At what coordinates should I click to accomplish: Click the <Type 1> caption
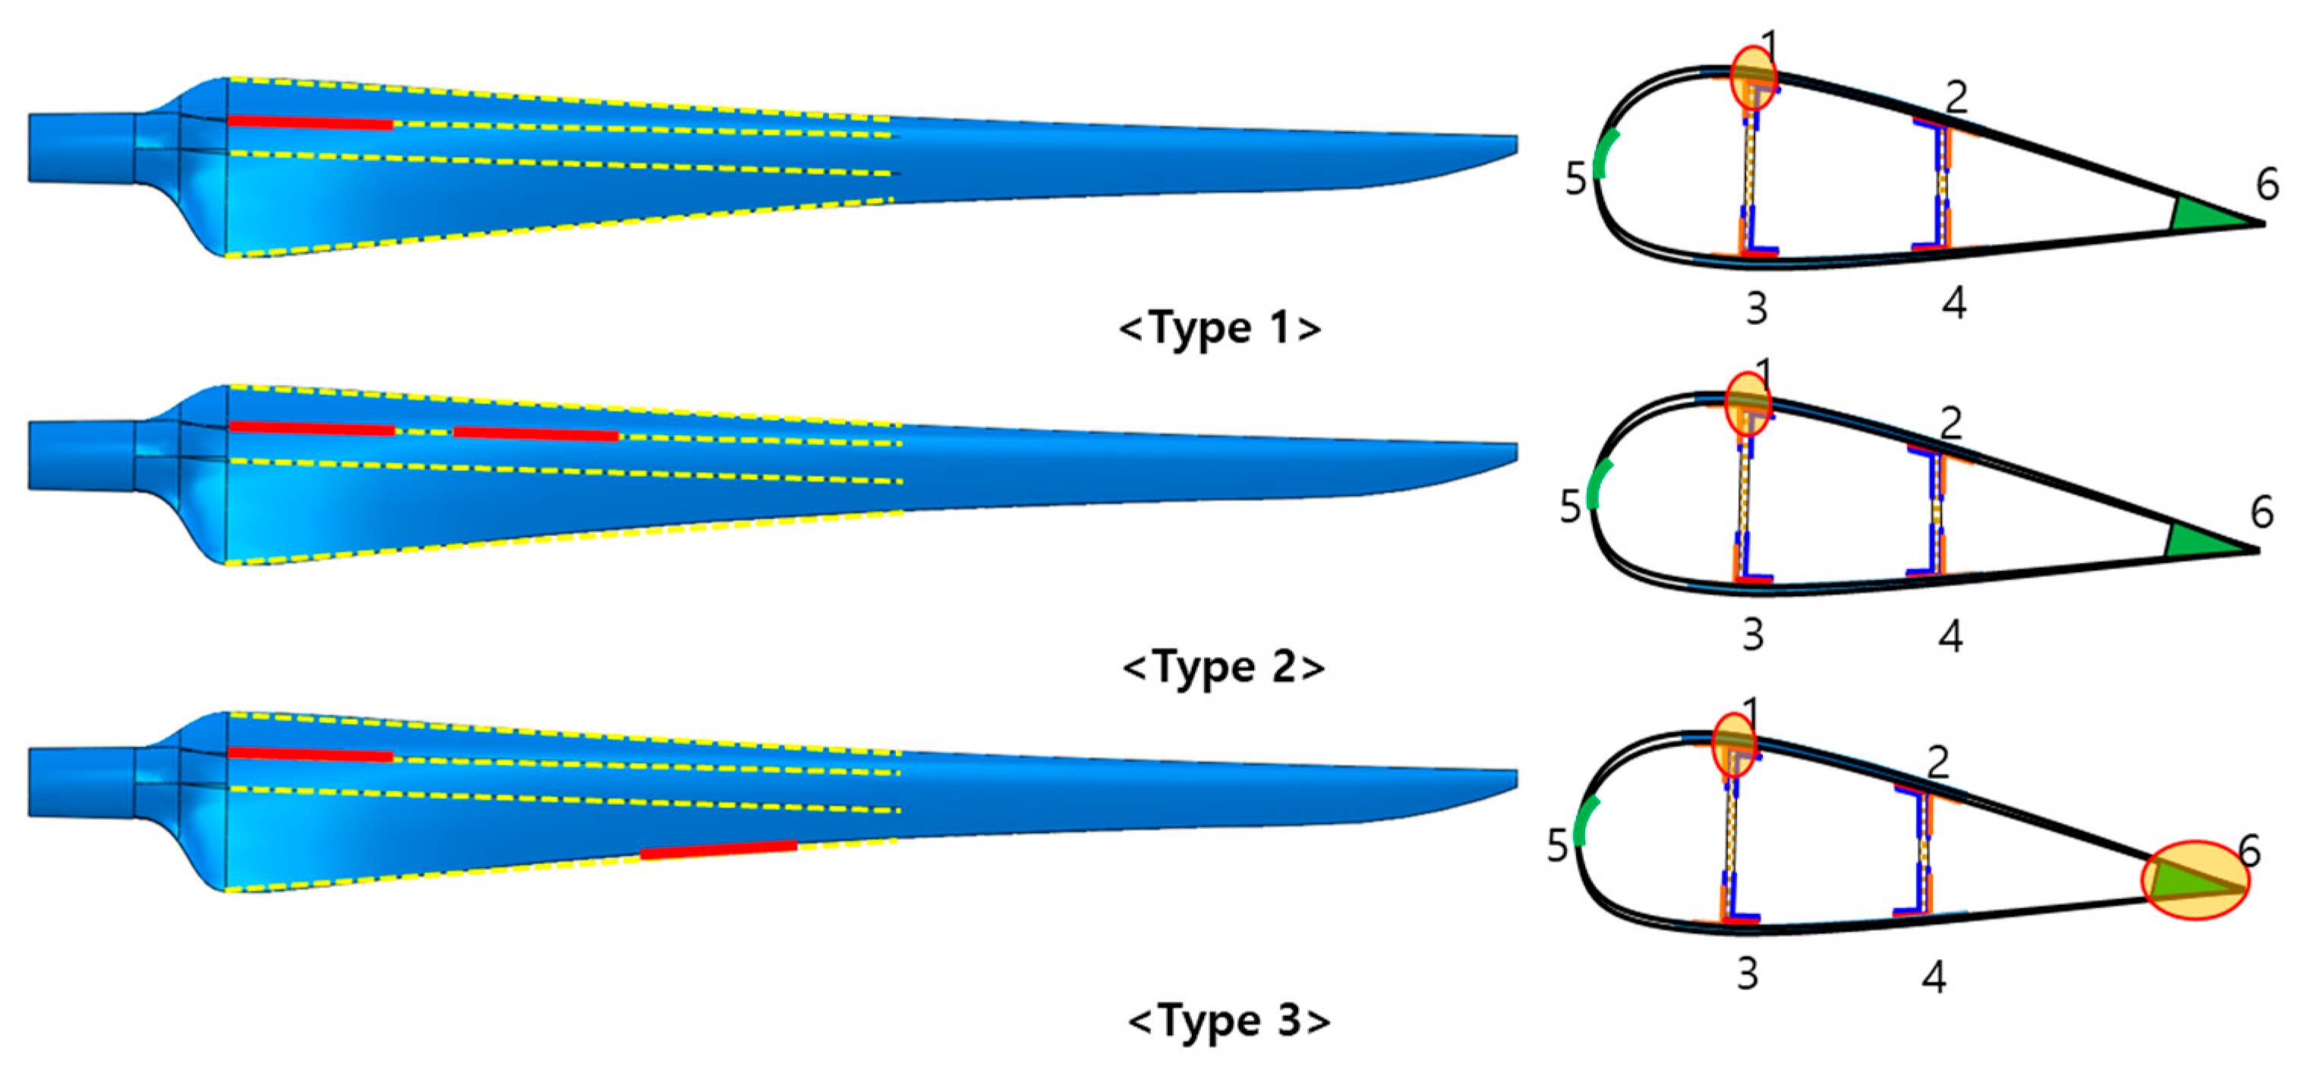(x=1219, y=327)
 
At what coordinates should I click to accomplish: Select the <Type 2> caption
(x=1223, y=667)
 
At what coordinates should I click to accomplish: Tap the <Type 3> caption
(x=1228, y=1020)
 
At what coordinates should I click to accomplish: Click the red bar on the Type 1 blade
(x=310, y=122)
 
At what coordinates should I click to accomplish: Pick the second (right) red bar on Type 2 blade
(x=535, y=434)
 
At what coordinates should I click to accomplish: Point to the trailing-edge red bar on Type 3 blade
(x=718, y=850)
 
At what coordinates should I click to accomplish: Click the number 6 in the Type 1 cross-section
(x=2267, y=184)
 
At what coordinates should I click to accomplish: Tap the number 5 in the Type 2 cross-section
(x=1570, y=506)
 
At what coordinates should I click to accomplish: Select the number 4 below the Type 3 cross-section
(x=1933, y=978)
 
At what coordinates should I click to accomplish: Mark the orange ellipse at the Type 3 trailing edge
(x=2196, y=879)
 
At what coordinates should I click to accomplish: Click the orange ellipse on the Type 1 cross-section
(x=1754, y=77)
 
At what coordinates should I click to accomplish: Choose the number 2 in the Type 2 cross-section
(x=1951, y=423)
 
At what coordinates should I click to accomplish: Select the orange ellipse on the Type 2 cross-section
(x=1748, y=403)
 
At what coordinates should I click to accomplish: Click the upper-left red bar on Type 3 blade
(x=310, y=755)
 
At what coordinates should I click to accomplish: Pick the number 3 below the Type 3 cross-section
(x=1748, y=974)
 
